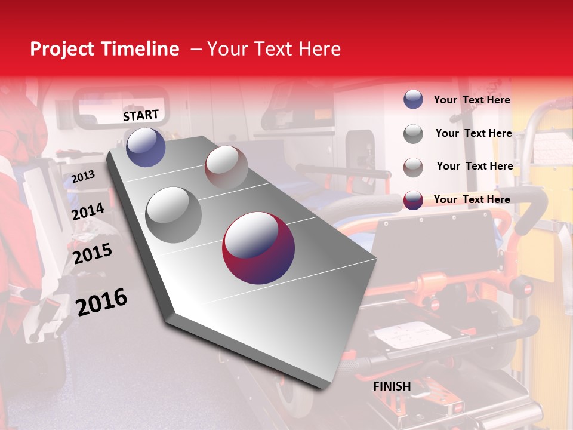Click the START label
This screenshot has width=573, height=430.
[x=141, y=115]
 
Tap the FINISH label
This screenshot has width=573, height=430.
[x=392, y=386]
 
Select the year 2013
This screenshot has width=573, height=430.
[x=83, y=177]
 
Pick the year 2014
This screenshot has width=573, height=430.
[x=88, y=212]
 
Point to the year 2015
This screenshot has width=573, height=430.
[x=93, y=254]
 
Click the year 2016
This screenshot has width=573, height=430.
[x=101, y=302]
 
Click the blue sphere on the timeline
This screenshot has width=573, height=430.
[x=146, y=147]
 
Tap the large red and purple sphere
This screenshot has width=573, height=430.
[x=258, y=248]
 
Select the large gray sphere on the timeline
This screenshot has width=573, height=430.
[x=174, y=214]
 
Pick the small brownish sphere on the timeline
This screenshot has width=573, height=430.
[x=226, y=167]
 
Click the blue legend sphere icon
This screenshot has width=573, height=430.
[x=413, y=99]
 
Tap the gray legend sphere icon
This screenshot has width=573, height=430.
[x=413, y=134]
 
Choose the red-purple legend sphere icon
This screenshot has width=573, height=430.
[x=413, y=200]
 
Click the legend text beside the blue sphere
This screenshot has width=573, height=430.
[x=472, y=100]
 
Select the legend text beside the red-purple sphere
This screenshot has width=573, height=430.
[x=472, y=199]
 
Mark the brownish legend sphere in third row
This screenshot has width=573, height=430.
[x=413, y=167]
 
